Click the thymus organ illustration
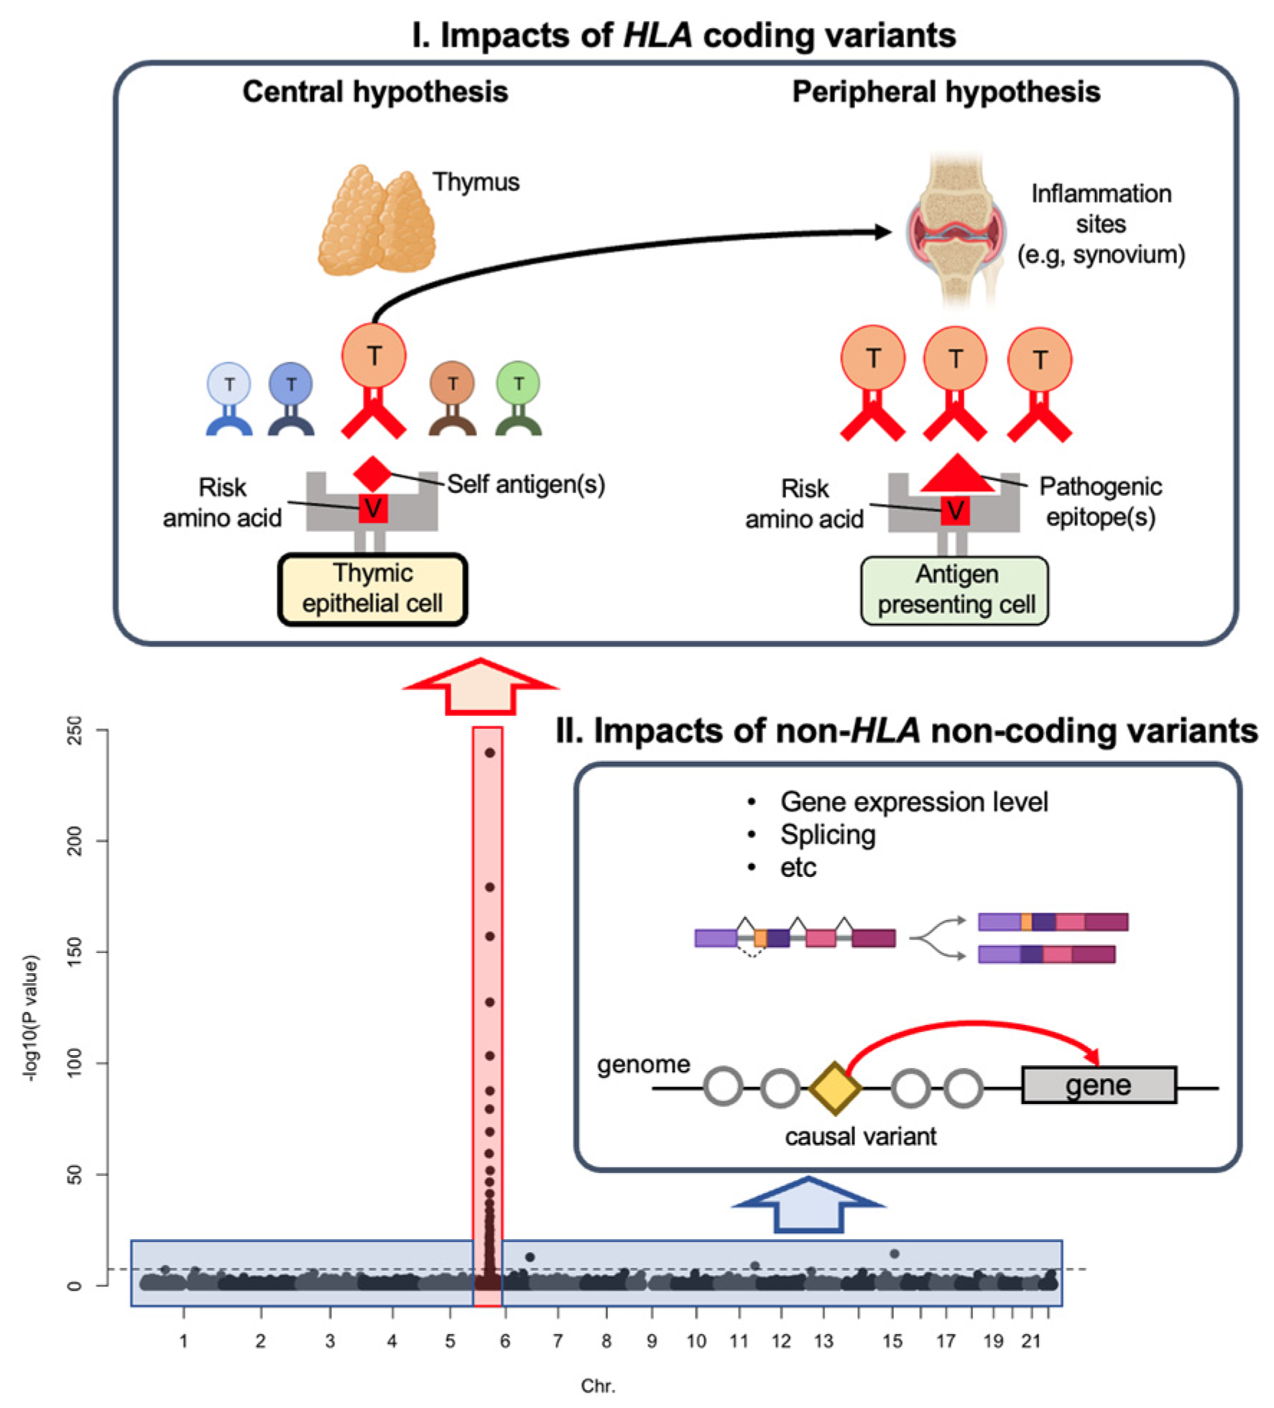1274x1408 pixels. click(x=377, y=223)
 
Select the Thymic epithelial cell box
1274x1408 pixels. click(x=372, y=589)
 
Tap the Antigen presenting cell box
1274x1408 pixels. click(x=954, y=590)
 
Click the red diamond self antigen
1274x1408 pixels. click(x=372, y=473)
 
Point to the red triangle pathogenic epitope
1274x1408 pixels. click(x=956, y=474)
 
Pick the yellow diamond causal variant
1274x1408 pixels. click(x=834, y=1088)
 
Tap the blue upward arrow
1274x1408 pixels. click(x=808, y=1205)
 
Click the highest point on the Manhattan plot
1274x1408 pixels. click(x=490, y=753)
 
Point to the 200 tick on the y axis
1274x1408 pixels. click(x=75, y=840)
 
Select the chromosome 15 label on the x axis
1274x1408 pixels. click(x=892, y=1340)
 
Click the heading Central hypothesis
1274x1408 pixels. click(x=374, y=92)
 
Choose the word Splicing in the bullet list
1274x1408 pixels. click(x=828, y=834)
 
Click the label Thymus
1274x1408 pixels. click(x=476, y=182)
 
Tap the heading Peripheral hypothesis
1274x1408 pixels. click(x=946, y=92)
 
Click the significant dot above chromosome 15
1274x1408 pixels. click(x=895, y=1253)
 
